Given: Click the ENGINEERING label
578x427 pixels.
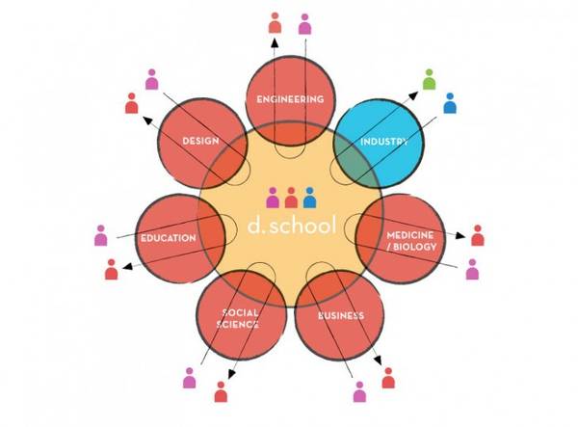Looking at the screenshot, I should [289, 99].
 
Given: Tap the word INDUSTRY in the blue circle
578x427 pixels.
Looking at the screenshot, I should [383, 142].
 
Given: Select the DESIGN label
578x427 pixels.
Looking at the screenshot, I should [200, 142].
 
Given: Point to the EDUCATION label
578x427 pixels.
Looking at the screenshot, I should [168, 237].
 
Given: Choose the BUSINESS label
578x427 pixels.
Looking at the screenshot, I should [340, 315].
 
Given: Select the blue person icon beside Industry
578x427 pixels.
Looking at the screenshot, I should [449, 102].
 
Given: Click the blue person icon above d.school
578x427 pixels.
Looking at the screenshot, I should [309, 198].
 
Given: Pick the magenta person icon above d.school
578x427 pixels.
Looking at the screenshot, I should [273, 198].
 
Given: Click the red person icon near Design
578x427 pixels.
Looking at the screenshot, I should [132, 102].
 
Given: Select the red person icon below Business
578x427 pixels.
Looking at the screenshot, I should [388, 377].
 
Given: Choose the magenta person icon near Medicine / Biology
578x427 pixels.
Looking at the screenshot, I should [472, 269].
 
